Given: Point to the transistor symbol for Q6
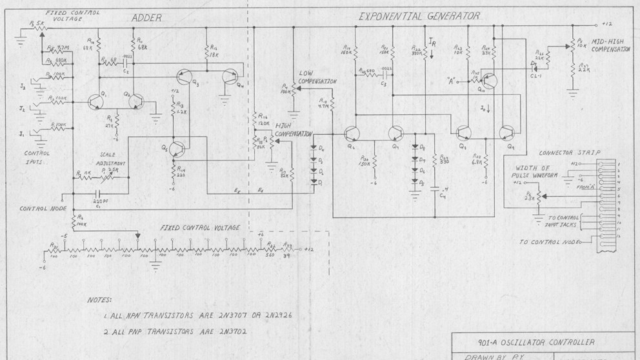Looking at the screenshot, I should [x=352, y=133].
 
